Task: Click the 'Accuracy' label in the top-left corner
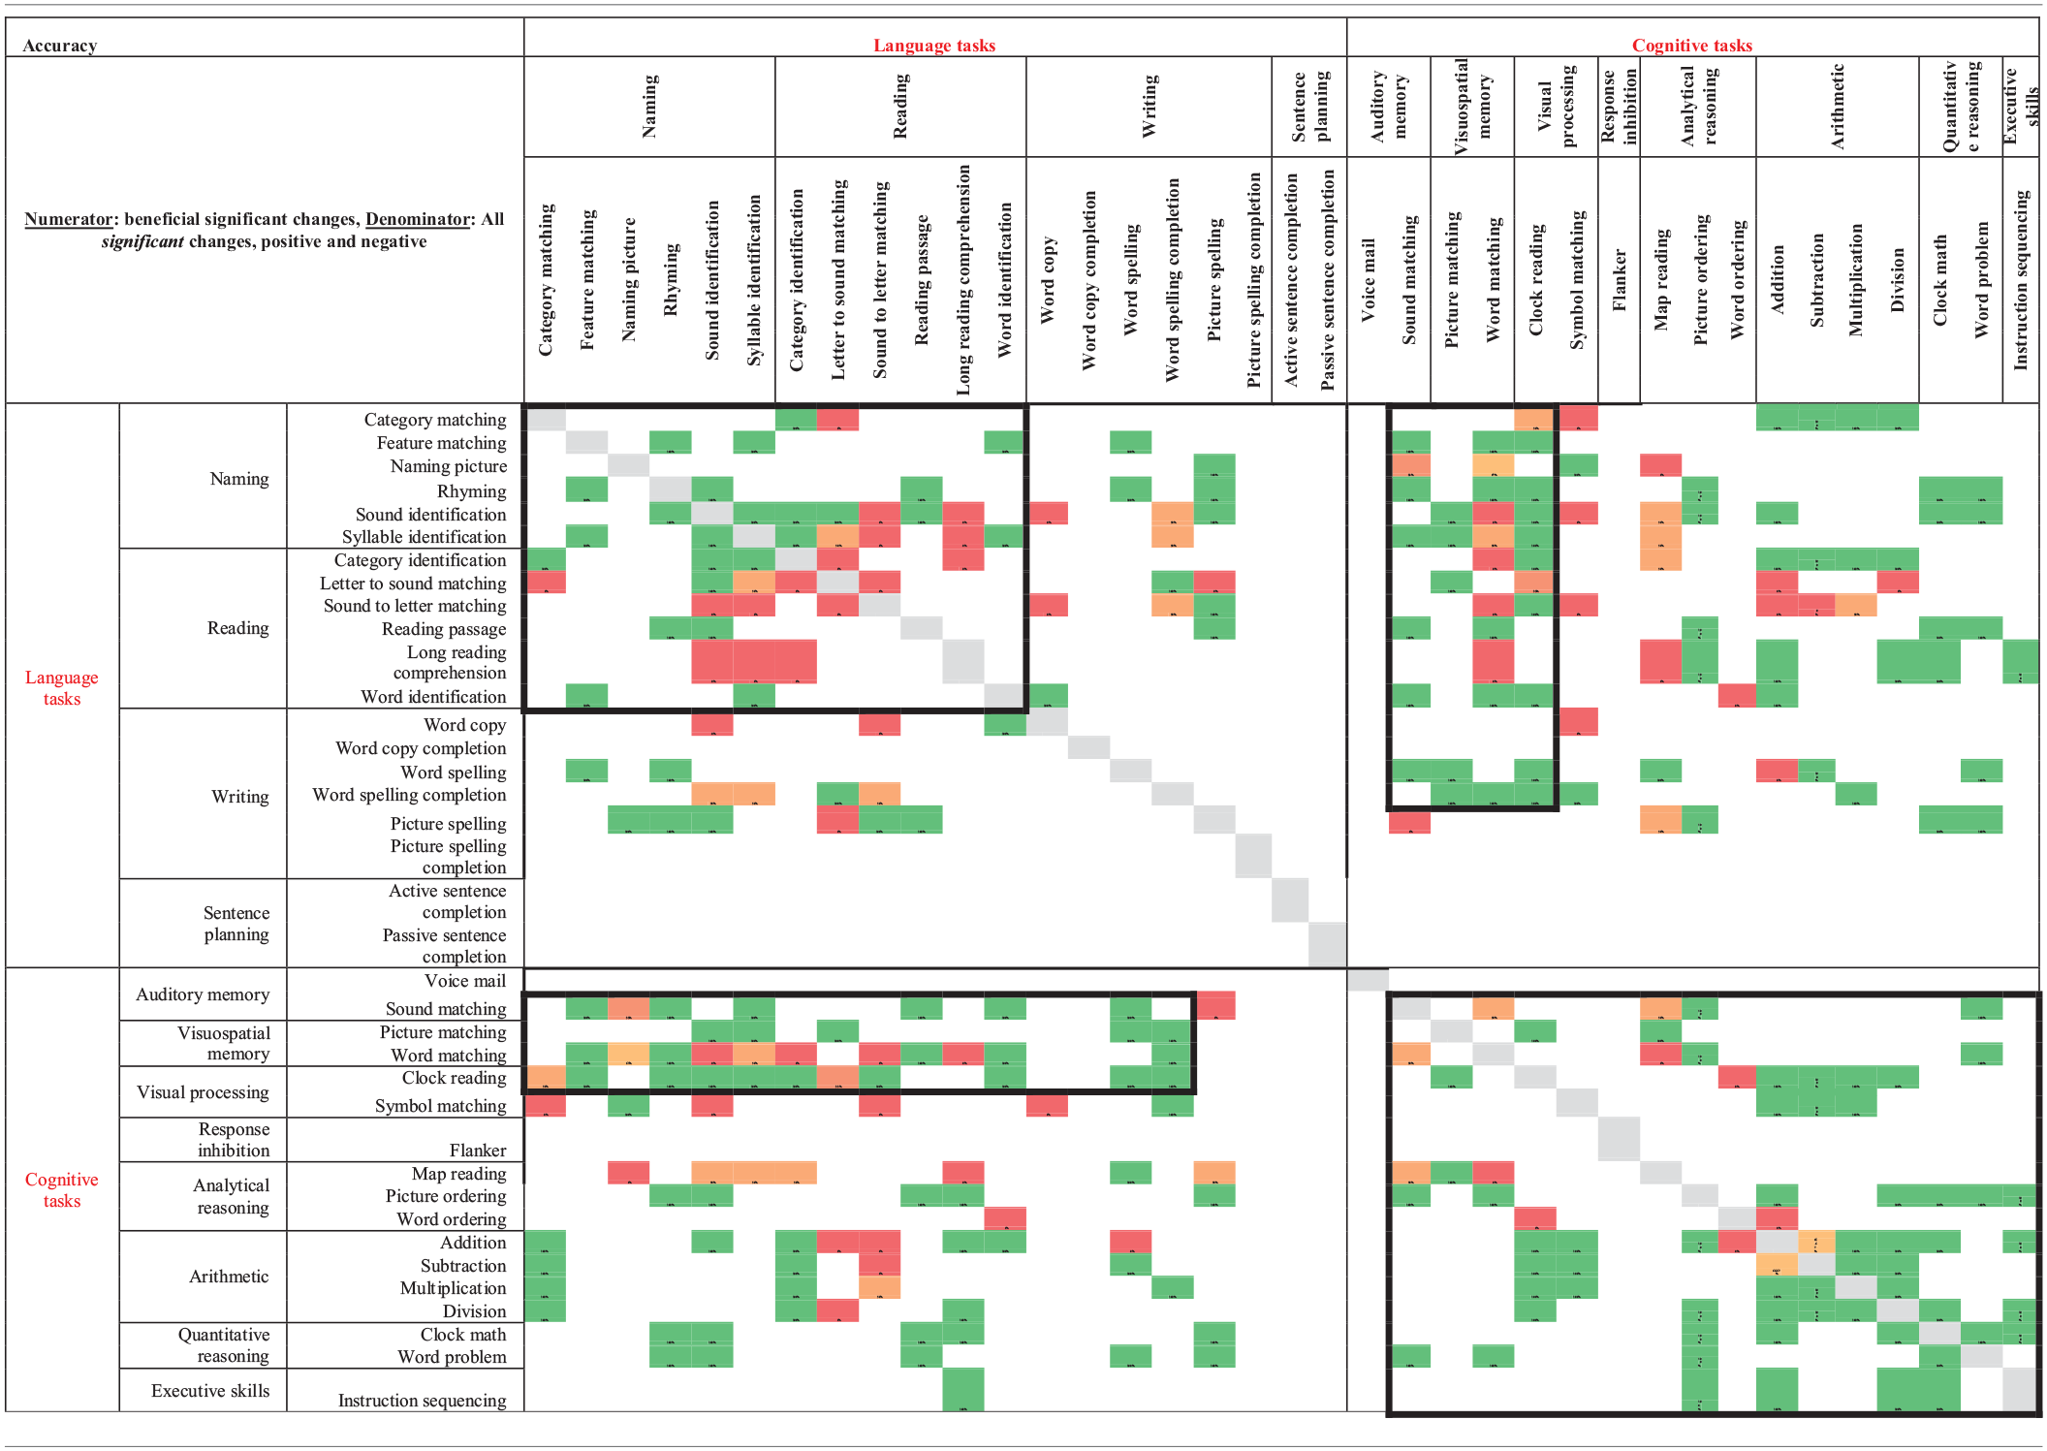click(59, 46)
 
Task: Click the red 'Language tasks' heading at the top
click(933, 46)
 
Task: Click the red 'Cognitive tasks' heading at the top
click(1691, 46)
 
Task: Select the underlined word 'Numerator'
click(68, 219)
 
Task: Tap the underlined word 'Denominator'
click(418, 219)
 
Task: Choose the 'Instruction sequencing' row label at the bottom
click(422, 1401)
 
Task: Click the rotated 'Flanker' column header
click(1619, 281)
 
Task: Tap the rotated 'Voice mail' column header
click(1368, 281)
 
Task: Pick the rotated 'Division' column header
click(1898, 281)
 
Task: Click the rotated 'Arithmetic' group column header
click(1837, 107)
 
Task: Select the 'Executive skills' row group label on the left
click(210, 1391)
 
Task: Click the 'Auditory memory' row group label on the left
click(203, 994)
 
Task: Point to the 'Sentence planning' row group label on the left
click(236, 924)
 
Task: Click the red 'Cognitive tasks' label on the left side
click(61, 1190)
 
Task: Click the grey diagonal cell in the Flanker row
click(1619, 1139)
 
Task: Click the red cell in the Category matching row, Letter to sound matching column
click(837, 419)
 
